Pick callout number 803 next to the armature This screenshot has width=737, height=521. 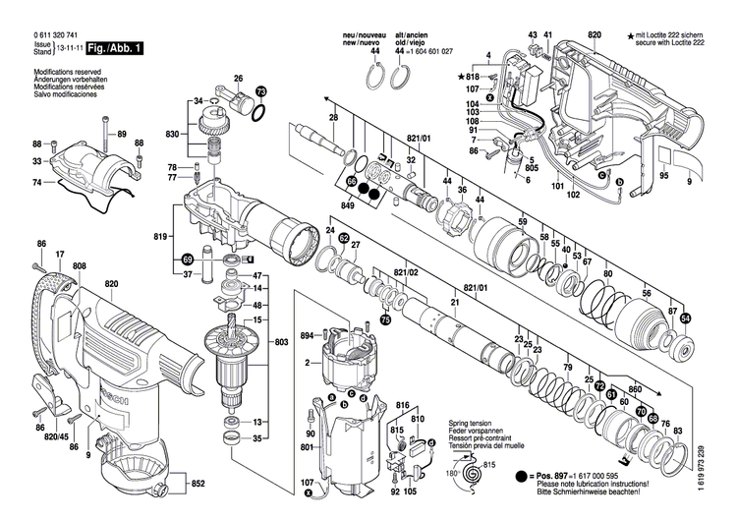pyautogui.click(x=282, y=341)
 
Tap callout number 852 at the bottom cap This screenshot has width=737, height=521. pyautogui.click(x=198, y=484)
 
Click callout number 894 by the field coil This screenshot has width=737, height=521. pyautogui.click(x=306, y=336)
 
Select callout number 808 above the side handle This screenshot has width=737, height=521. pyautogui.click(x=79, y=265)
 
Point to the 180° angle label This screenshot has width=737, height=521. pyautogui.click(x=453, y=473)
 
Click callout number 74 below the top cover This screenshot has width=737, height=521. pyautogui.click(x=36, y=183)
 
